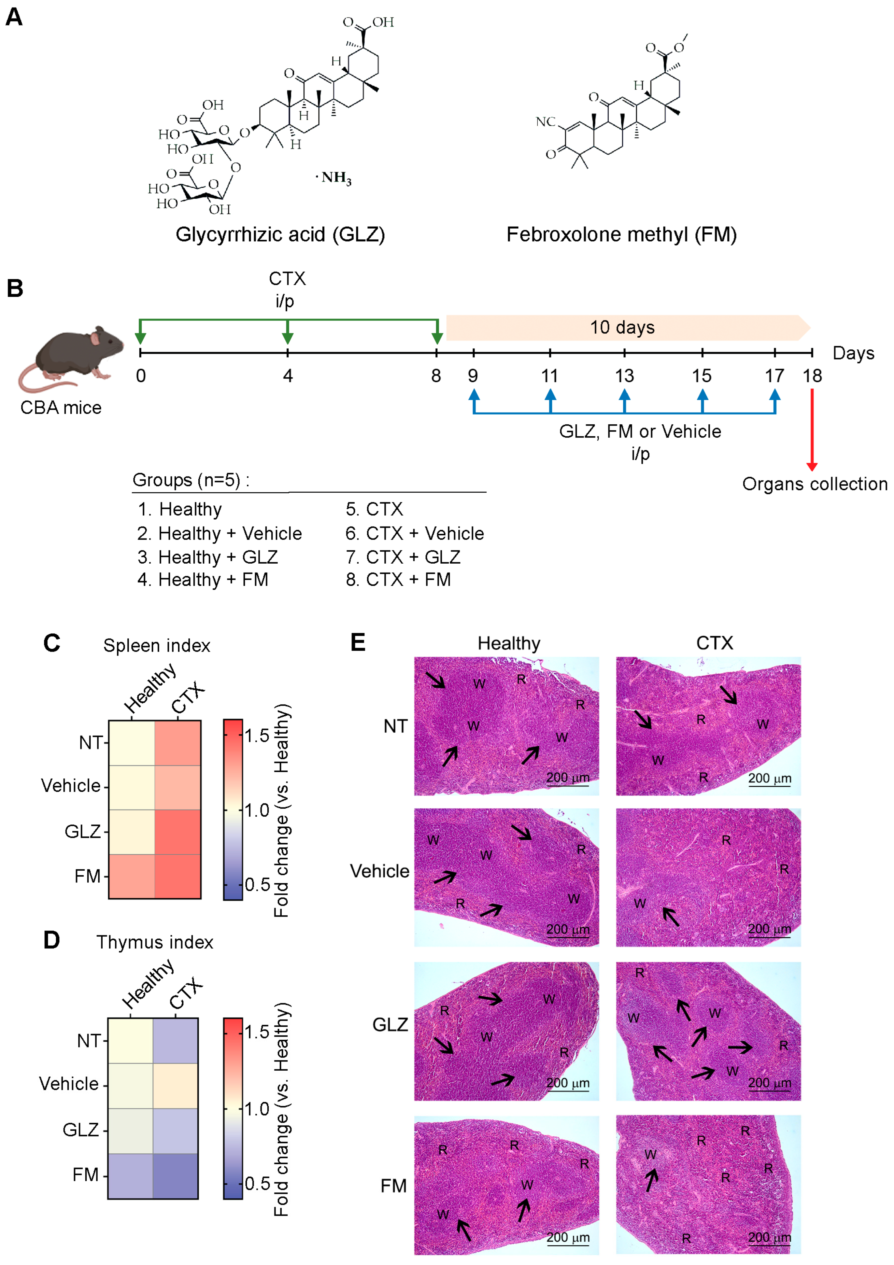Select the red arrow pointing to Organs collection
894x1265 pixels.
point(811,430)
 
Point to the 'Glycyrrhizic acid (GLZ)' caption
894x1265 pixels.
point(280,235)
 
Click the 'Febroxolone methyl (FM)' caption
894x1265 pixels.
point(621,235)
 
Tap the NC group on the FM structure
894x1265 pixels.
point(545,122)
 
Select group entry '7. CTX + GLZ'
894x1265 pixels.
point(403,557)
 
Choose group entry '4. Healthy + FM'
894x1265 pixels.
point(203,580)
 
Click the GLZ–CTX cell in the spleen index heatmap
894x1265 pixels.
point(177,831)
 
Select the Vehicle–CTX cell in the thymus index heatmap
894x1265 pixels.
point(175,1085)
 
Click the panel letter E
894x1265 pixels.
point(358,642)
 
